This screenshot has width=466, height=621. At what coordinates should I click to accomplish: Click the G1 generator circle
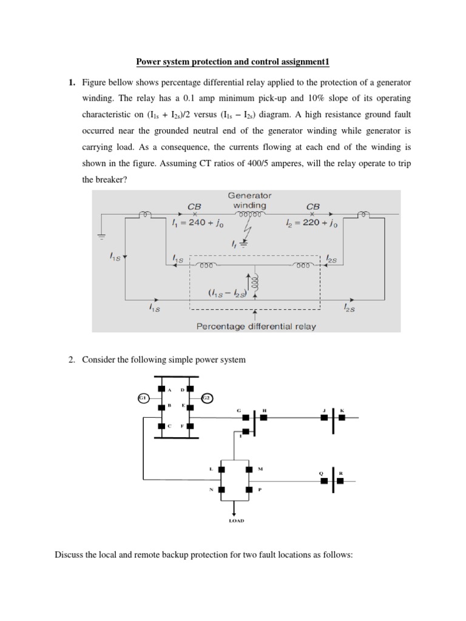point(143,398)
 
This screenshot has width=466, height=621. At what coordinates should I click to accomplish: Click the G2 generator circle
point(206,398)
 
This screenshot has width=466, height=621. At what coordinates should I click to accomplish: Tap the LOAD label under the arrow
point(237,520)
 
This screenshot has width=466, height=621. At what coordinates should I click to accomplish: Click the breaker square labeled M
point(249,469)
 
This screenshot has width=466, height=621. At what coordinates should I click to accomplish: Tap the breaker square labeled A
point(161,389)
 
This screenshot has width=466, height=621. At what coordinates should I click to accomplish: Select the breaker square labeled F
point(191,426)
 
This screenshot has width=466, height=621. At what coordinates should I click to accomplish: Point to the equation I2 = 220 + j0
point(312,224)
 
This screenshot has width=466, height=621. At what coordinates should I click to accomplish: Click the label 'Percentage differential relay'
point(256,326)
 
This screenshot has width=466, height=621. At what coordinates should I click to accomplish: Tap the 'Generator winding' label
point(249,200)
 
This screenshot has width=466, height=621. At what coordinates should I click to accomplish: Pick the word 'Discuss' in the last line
point(69,554)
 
